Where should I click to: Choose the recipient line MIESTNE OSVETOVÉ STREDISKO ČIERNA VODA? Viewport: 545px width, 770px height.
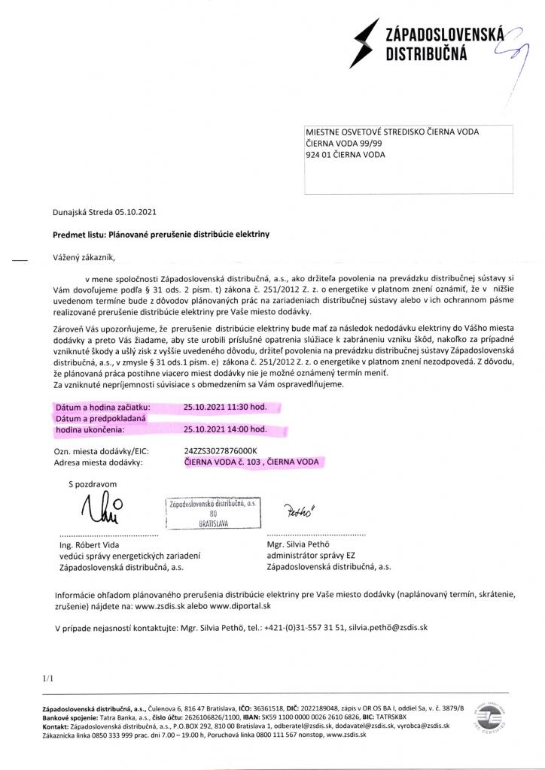391,132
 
